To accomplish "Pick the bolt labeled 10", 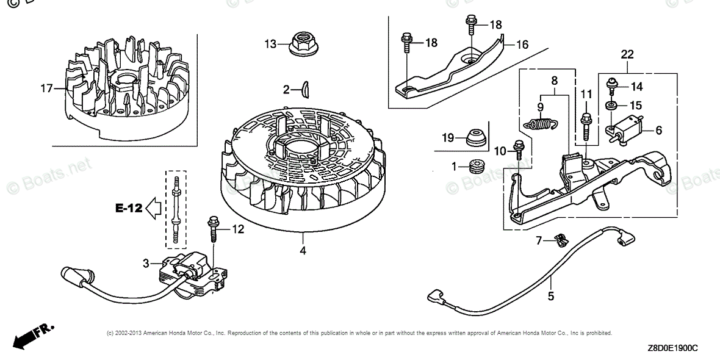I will (x=520, y=150).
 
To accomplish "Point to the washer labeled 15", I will (x=610, y=105).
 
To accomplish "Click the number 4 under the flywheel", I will (x=303, y=250).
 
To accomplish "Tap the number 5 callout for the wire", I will (x=550, y=297).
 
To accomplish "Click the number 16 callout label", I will (x=522, y=45).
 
